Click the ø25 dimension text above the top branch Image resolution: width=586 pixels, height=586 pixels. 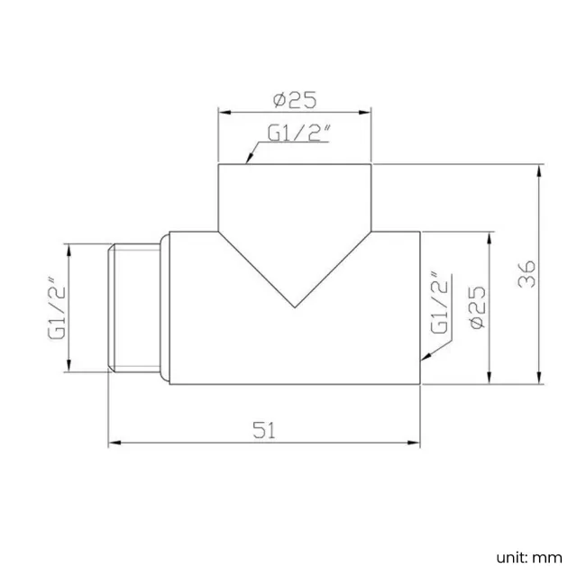[x=294, y=98]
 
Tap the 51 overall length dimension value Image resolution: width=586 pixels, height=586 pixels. [x=262, y=430]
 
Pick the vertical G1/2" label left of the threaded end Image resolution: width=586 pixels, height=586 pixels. [x=56, y=307]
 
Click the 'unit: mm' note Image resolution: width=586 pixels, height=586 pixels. [x=527, y=557]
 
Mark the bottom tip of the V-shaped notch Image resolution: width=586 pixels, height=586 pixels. [x=295, y=307]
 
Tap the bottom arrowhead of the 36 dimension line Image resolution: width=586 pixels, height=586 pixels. [x=539, y=381]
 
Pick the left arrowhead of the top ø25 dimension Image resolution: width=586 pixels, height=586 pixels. [x=223, y=112]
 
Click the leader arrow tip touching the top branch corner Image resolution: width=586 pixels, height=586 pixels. [x=249, y=161]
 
